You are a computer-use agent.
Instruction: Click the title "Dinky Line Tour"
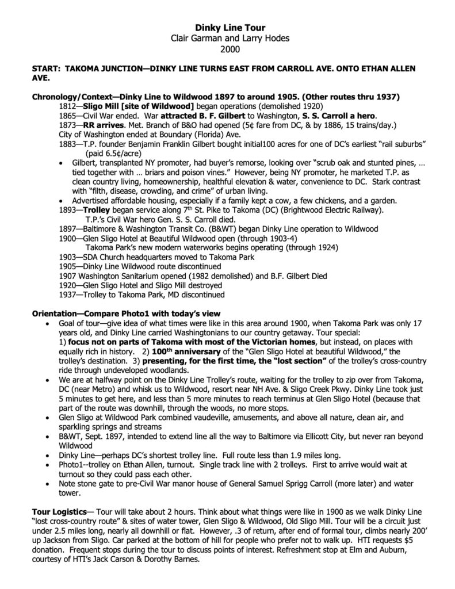tap(227, 27)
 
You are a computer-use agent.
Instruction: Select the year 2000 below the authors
tap(227, 49)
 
